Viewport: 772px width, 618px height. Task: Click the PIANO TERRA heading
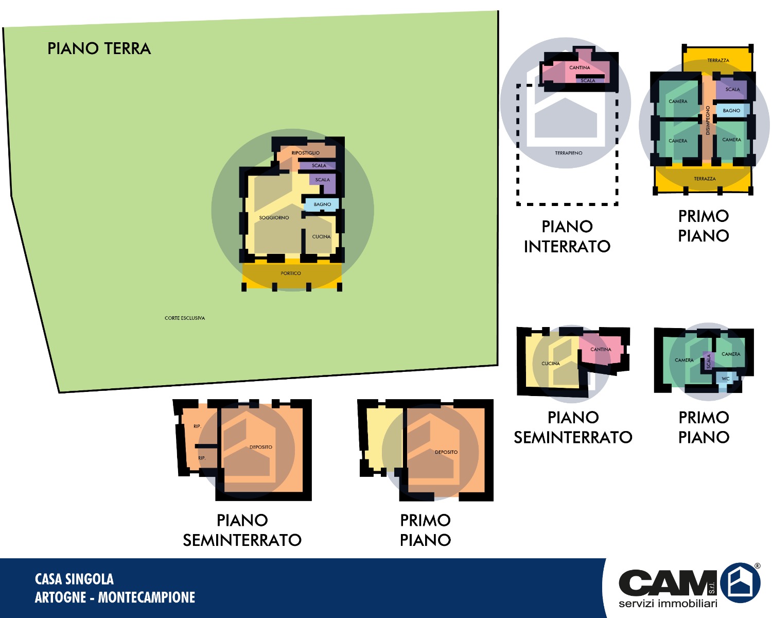99,48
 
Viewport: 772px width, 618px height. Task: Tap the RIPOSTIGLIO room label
305,153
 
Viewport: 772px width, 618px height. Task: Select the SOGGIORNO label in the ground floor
274,218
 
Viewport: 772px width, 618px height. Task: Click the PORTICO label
291,273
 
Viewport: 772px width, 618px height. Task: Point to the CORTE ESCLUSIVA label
185,318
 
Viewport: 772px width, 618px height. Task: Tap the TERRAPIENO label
569,153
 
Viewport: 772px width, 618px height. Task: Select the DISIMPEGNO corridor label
708,121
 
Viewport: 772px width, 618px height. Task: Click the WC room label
725,379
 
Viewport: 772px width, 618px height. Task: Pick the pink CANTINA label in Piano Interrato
580,67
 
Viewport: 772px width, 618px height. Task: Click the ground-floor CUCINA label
321,237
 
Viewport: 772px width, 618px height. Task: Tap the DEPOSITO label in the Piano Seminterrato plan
261,447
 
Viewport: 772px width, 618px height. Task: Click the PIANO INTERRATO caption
567,237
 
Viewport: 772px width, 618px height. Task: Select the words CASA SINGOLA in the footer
74,579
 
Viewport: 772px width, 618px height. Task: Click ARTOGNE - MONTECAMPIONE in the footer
115,597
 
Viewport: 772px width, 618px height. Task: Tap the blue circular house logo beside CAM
740,582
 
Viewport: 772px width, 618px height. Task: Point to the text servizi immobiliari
668,603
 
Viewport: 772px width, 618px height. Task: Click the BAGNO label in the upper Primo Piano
731,111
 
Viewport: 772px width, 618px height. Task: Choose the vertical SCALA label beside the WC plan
709,362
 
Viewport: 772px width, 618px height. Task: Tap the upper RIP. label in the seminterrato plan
197,426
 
